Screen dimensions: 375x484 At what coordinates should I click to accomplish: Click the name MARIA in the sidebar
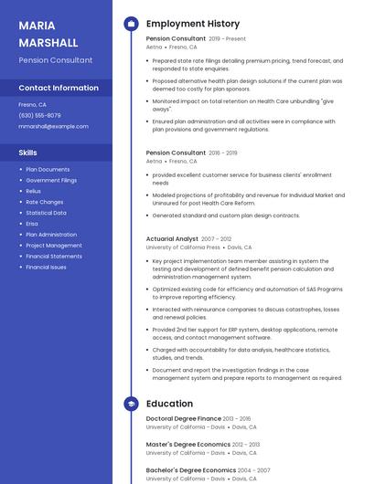[37, 26]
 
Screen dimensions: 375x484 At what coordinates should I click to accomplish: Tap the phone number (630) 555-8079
[39, 115]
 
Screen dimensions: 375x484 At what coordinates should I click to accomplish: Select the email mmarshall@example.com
[53, 126]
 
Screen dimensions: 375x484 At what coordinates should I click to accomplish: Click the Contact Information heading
[59, 88]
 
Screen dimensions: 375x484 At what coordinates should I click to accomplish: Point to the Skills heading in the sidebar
[28, 153]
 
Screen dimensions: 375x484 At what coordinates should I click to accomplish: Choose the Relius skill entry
[33, 191]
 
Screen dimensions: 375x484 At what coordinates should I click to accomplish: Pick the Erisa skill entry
[32, 224]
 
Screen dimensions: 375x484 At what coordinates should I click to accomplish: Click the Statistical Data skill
[46, 213]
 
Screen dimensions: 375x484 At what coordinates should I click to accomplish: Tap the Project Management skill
[53, 246]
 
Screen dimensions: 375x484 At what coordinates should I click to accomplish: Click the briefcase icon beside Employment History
[131, 24]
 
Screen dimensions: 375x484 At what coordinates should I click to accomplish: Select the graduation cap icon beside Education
[131, 404]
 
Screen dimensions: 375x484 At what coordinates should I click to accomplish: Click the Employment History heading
[192, 24]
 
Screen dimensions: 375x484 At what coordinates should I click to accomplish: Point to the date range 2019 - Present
[227, 39]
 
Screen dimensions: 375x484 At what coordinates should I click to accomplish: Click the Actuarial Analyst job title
[172, 238]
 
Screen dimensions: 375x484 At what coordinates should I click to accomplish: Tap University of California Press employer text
[183, 247]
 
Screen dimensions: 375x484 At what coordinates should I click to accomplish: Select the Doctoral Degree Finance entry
[183, 418]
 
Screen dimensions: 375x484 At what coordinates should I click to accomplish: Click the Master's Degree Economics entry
[187, 445]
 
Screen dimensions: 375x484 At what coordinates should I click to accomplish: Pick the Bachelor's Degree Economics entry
[189, 470]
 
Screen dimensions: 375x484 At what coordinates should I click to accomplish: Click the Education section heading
[169, 404]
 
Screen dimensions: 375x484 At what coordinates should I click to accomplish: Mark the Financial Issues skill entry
[46, 268]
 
